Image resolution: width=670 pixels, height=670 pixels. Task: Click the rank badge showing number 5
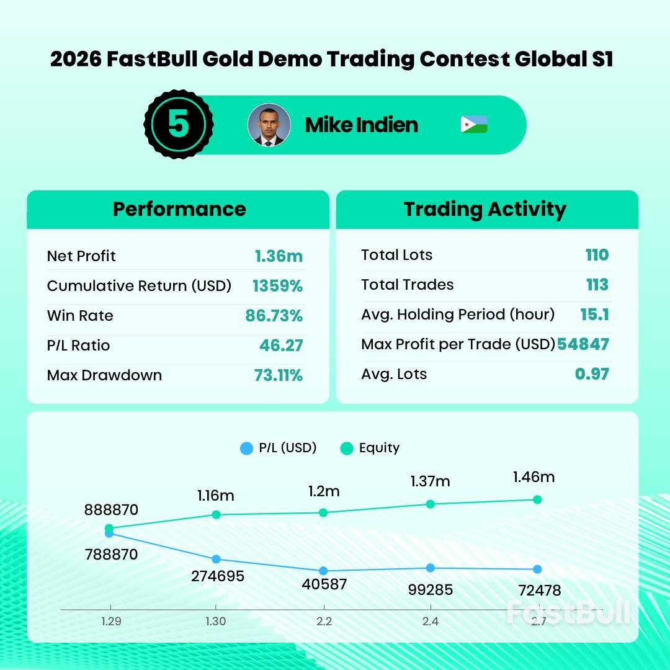click(179, 125)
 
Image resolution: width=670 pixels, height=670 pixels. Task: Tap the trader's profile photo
click(269, 125)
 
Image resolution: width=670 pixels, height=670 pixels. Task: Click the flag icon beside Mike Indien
click(474, 125)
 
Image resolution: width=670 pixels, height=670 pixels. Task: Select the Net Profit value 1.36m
click(279, 256)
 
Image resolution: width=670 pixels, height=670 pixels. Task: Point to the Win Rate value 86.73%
click(274, 316)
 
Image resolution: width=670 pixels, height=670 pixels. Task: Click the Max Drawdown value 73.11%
click(278, 375)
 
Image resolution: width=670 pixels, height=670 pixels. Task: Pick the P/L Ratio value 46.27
click(281, 346)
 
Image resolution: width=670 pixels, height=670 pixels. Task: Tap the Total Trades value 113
click(597, 285)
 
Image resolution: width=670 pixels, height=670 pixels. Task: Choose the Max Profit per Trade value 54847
click(583, 344)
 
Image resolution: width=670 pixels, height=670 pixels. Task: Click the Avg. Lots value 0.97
click(592, 374)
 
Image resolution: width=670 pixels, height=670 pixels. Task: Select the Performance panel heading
click(179, 209)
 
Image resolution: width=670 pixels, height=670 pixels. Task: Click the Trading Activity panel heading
click(485, 209)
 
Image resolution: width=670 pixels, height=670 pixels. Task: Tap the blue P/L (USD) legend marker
click(247, 448)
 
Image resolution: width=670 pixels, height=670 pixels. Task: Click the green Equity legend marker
click(347, 448)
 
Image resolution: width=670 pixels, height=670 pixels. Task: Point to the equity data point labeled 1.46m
click(537, 499)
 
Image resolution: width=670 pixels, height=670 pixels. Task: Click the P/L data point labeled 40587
click(323, 571)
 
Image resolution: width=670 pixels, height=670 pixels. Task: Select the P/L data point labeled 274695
click(216, 560)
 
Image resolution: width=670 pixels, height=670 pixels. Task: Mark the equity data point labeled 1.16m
click(216, 514)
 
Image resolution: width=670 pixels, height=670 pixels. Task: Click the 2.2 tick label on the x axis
click(324, 622)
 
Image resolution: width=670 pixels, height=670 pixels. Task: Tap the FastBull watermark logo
click(568, 613)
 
